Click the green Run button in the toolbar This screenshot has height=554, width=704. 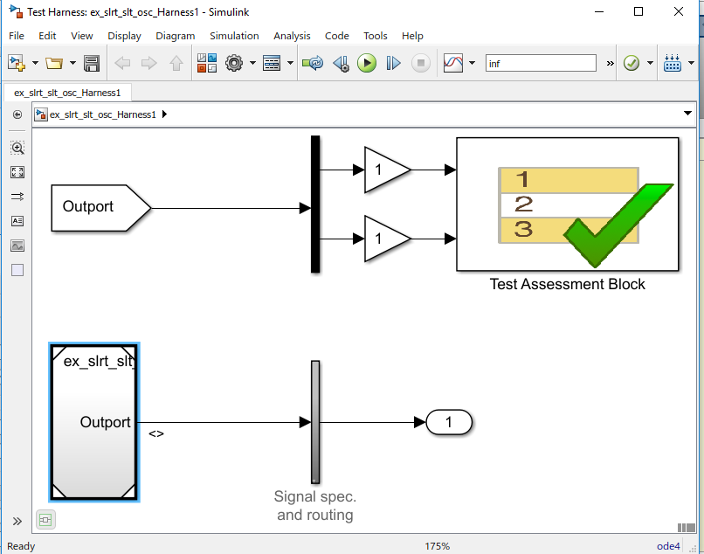coord(367,63)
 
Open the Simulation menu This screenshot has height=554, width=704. coord(234,36)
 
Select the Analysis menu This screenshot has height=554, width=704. coord(292,36)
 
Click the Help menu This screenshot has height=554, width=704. coord(412,36)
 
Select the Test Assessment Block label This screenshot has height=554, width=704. coord(567,284)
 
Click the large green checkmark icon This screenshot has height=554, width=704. coord(616,223)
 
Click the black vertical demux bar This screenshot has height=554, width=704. coord(315,204)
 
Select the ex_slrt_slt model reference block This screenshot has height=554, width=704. coord(94,422)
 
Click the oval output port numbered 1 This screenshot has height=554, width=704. coord(449,423)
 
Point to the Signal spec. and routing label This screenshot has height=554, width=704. coord(314,506)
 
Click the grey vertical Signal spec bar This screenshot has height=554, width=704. coord(315,422)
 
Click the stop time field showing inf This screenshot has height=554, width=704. coord(540,64)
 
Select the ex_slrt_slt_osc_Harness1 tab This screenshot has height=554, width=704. coord(67,92)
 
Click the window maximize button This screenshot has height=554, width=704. coord(638,11)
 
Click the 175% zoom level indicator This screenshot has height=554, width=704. coord(438,546)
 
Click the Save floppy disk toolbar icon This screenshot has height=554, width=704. coord(92,63)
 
